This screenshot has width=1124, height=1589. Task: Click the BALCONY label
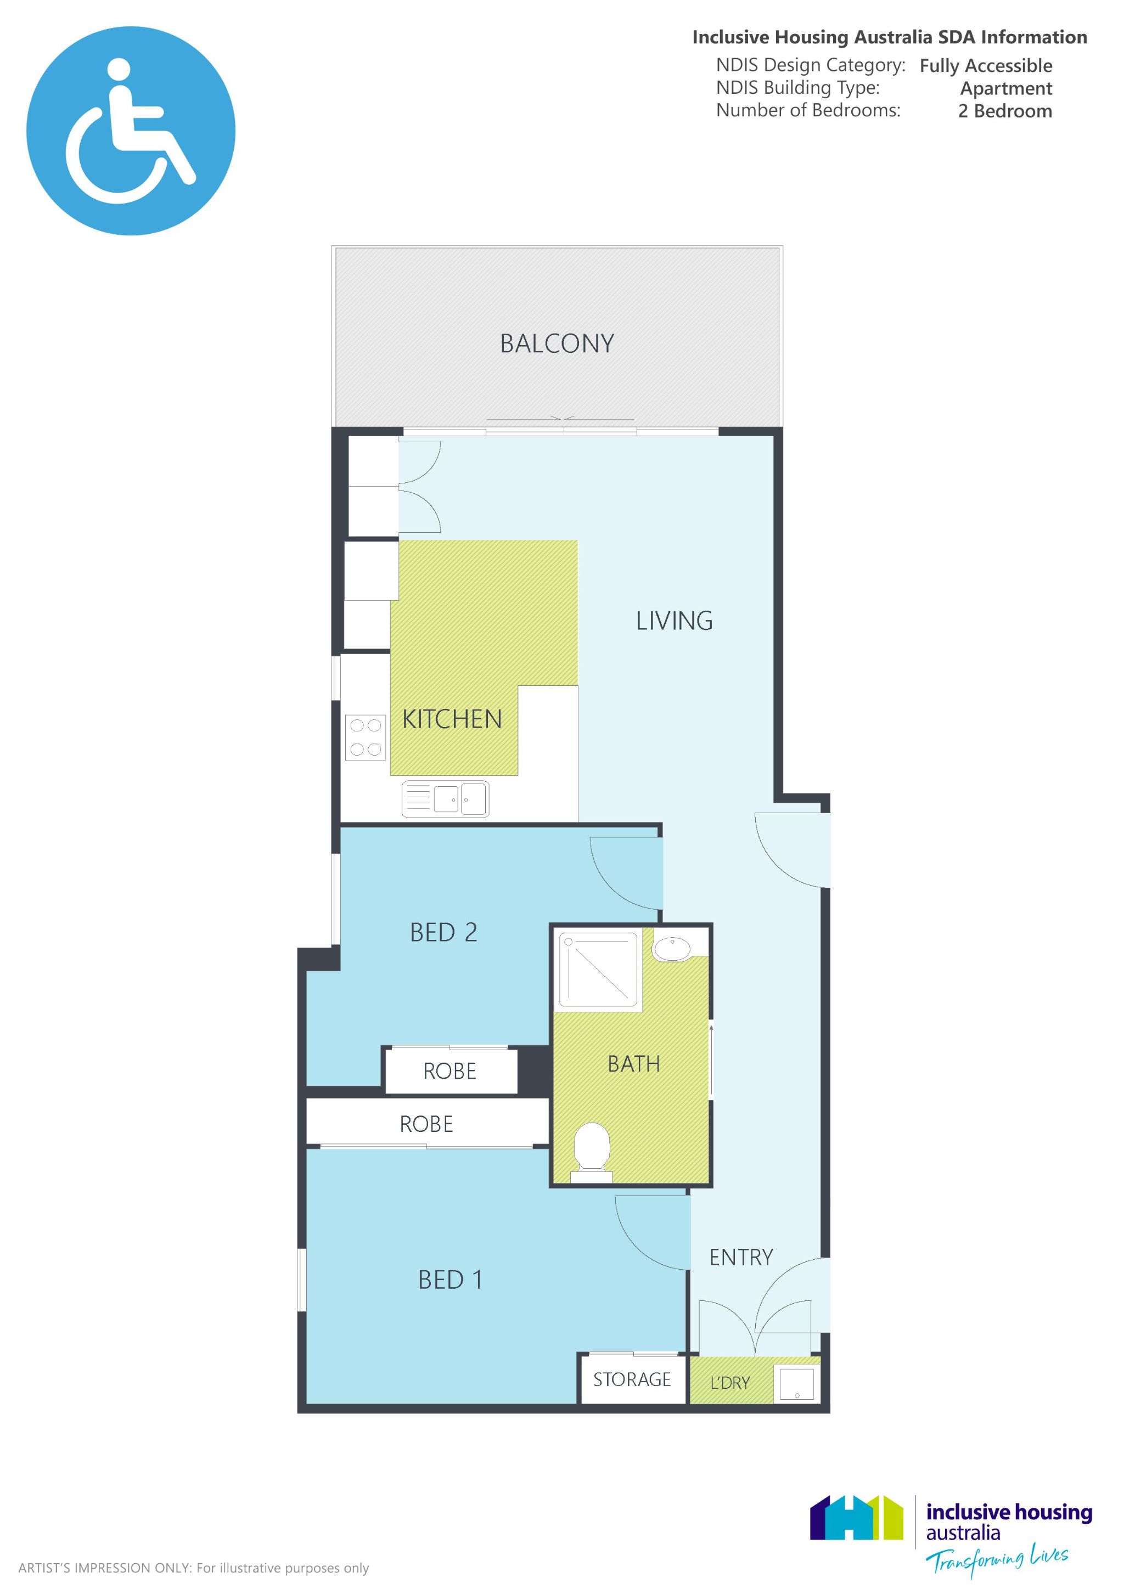point(557,344)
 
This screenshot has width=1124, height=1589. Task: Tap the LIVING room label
point(674,621)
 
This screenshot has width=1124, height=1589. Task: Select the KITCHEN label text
point(452,720)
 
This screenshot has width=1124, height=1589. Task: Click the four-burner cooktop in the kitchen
point(366,737)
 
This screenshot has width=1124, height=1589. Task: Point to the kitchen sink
point(446,799)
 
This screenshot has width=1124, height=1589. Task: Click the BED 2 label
point(443,933)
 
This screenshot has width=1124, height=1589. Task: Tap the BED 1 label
point(450,1280)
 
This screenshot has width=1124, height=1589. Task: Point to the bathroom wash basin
point(671,949)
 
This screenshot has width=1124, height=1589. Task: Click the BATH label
point(633,1064)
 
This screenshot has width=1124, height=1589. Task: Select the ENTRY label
point(741,1258)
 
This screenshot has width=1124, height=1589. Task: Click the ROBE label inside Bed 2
point(450,1072)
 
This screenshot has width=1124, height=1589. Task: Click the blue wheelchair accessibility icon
point(131,131)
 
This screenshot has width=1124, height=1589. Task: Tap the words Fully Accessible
point(986,66)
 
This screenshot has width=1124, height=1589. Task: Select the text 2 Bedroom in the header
point(1005,111)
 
